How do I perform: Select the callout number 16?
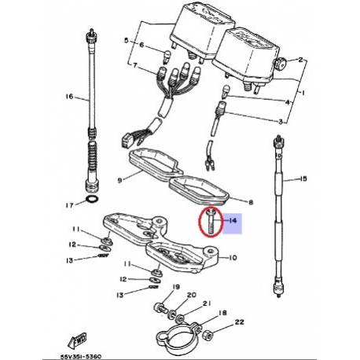click(x=68, y=97)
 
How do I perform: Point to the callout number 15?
click(x=304, y=180)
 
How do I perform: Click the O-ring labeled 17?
click(x=91, y=204)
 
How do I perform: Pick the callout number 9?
click(x=120, y=180)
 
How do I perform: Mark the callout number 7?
click(x=134, y=65)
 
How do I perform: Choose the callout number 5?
click(x=124, y=39)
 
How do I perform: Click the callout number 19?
click(x=175, y=288)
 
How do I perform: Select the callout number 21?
click(x=208, y=303)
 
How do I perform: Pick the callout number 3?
click(x=281, y=121)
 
